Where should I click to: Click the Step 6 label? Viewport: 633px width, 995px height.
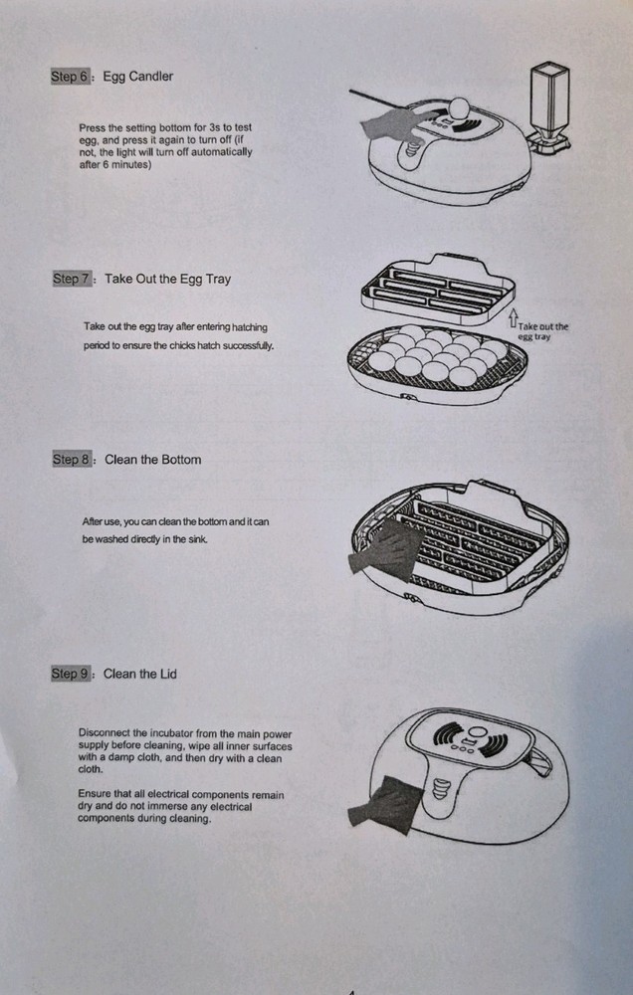[71, 77]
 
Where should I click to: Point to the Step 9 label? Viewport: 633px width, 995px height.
[71, 674]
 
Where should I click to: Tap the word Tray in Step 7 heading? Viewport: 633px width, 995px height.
[218, 280]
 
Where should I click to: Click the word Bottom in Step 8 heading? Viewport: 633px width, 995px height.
[180, 460]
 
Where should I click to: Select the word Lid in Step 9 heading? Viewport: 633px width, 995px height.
[167, 674]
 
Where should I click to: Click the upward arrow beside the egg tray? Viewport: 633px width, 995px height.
[513, 318]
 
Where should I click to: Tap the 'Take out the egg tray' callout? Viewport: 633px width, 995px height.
[542, 331]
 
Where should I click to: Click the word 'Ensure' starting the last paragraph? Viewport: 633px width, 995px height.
[93, 794]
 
